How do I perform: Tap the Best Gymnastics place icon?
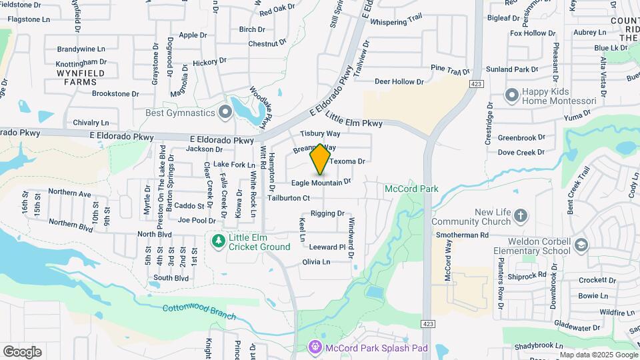pyautogui.click(x=225, y=113)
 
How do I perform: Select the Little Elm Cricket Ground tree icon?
pyautogui.click(x=217, y=240)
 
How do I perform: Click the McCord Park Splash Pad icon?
pyautogui.click(x=315, y=347)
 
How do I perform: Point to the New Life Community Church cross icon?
pyautogui.click(x=520, y=216)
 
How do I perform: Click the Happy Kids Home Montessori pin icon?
pyautogui.click(x=512, y=95)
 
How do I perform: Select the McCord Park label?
pyautogui.click(x=411, y=189)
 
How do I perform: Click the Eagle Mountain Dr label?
pyautogui.click(x=321, y=182)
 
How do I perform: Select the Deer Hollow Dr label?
pyautogui.click(x=399, y=81)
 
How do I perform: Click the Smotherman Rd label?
pyautogui.click(x=462, y=235)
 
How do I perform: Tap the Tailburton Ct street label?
pyautogui.click(x=289, y=198)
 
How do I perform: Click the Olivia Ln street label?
pyautogui.click(x=316, y=262)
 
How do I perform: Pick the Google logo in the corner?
pyautogui.click(x=22, y=351)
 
